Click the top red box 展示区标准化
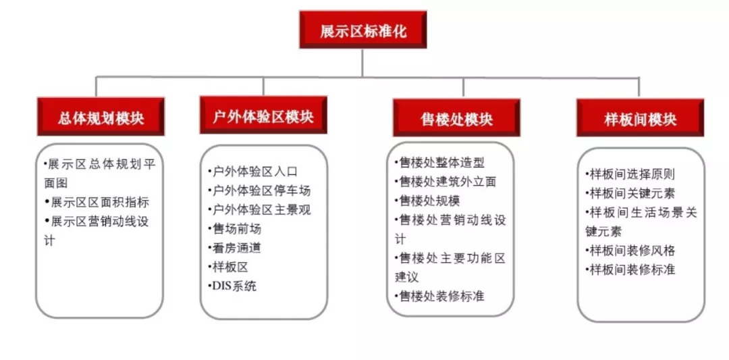(362, 30)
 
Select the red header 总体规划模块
(101, 118)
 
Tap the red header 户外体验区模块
(263, 116)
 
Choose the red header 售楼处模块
(456, 119)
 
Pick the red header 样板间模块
(640, 120)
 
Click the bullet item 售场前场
(236, 229)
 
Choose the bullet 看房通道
(236, 248)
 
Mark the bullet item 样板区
(229, 267)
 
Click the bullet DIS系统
(233, 286)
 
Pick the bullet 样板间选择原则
(630, 174)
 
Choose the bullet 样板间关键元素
(630, 193)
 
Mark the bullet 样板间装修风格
(630, 251)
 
